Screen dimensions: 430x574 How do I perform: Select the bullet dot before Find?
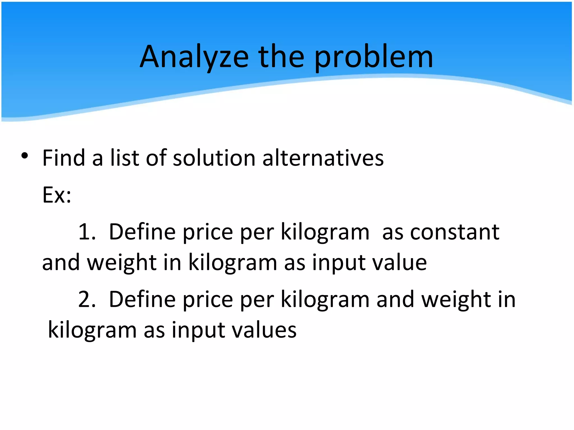(25, 156)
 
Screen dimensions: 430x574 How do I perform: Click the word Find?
(64, 158)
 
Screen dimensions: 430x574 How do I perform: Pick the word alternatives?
(323, 158)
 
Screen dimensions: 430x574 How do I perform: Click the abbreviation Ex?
(57, 195)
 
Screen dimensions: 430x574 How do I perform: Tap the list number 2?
(87, 300)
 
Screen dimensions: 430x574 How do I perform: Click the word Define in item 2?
(142, 300)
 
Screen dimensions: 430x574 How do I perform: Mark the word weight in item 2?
(456, 300)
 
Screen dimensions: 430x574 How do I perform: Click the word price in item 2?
(208, 300)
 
